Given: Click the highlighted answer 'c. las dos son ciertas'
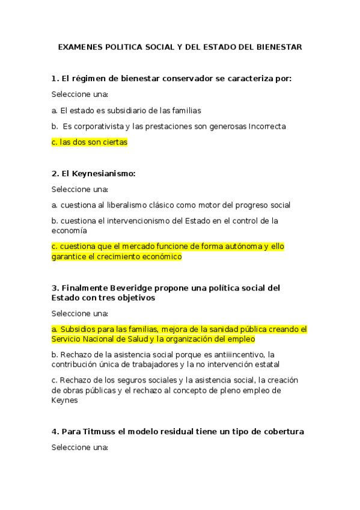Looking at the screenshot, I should click(90, 143).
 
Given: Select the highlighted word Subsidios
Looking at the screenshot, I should click(79, 330).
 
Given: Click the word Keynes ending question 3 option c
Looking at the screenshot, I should click(64, 401).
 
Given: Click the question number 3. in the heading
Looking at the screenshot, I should click(55, 287).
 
